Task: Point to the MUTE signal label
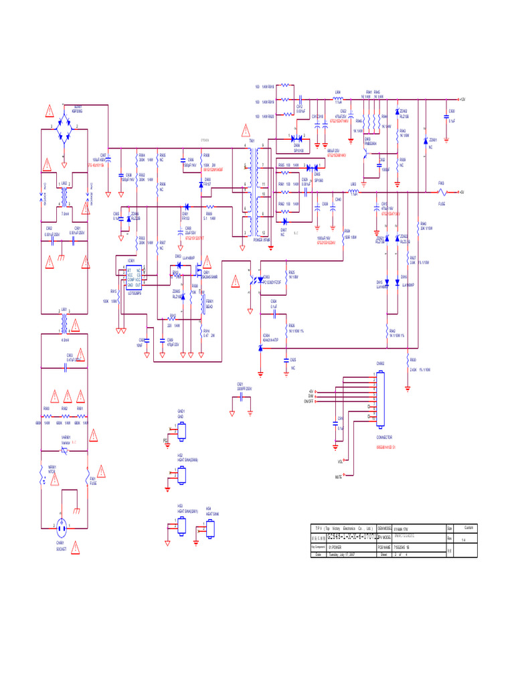tap(338, 477)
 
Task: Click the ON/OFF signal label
tap(309, 401)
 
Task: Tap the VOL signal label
tap(340, 462)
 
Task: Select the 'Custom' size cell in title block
tap(468, 528)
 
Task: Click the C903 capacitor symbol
tap(66, 368)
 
